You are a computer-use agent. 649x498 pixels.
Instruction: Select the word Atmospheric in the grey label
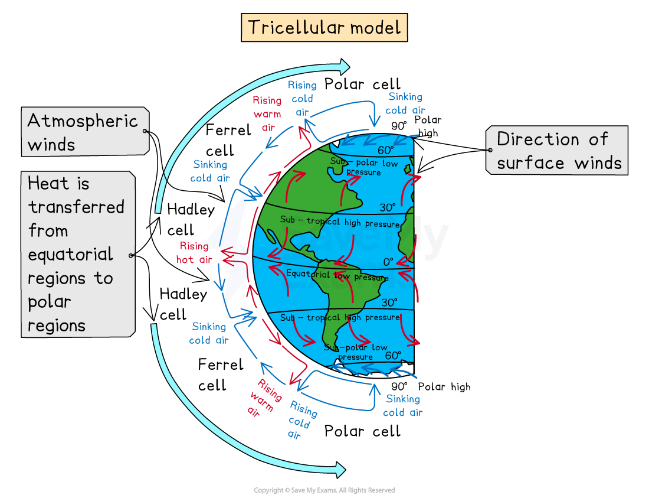coord(83,121)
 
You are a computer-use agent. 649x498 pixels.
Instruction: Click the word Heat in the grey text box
coord(58,184)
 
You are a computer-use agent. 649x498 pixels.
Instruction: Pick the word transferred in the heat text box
coord(76,207)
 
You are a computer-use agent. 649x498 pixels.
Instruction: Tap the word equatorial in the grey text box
coord(70,255)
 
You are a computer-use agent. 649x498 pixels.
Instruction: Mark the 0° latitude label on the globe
coord(388,261)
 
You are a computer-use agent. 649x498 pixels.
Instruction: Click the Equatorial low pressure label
coord(337,275)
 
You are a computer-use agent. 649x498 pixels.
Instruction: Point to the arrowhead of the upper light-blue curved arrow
coord(344,66)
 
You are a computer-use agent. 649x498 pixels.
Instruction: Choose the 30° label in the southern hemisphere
coord(389,302)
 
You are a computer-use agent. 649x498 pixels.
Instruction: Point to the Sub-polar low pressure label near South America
coord(356,352)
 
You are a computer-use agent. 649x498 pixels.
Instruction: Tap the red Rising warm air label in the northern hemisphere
coord(267,113)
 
